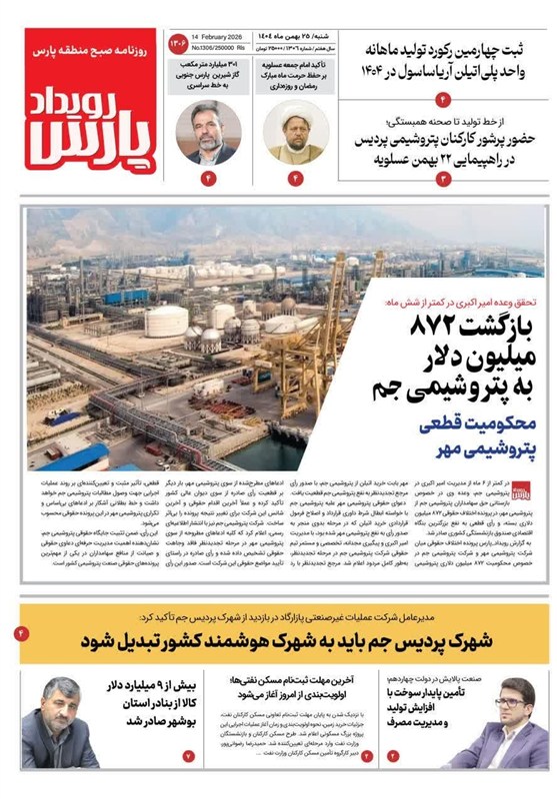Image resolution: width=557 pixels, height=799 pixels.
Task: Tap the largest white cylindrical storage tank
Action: (x=166, y=322)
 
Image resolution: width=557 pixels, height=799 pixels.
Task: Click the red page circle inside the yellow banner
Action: (x=22, y=634)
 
